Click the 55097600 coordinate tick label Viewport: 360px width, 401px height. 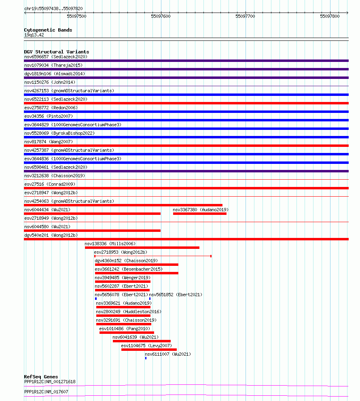pyautogui.click(x=161, y=16)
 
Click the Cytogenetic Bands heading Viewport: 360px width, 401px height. pyautogui.click(x=48, y=30)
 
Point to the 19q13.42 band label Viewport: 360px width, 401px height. pyautogui.click(x=34, y=35)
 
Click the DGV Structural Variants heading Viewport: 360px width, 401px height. pyautogui.click(x=56, y=52)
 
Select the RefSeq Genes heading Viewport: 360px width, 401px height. pyautogui.click(x=41, y=377)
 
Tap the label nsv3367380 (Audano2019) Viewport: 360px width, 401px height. pyautogui.click(x=200, y=210)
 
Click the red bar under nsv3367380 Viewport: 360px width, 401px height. pyautogui.click(x=199, y=214)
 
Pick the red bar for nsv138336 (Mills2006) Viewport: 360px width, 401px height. pyautogui.click(x=142, y=248)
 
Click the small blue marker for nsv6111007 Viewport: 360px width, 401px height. pyautogui.click(x=146, y=358)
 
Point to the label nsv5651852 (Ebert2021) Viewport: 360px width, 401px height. pyautogui.click(x=176, y=295)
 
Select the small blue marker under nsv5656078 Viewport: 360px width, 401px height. pyautogui.click(x=96, y=299)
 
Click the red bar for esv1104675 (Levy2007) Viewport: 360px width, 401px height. pyautogui.click(x=149, y=350)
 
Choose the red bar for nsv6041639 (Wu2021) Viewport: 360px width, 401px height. pyautogui.click(x=142, y=341)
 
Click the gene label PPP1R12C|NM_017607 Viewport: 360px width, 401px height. pyautogui.click(x=46, y=392)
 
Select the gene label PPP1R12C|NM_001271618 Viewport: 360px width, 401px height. pyautogui.click(x=50, y=382)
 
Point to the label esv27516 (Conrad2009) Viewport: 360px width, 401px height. pyautogui.click(x=50, y=184)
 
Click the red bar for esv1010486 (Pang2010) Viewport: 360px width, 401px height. pyautogui.click(x=127, y=333)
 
